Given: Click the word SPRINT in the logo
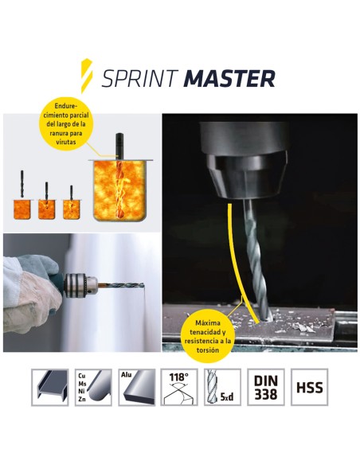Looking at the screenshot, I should click(141, 78).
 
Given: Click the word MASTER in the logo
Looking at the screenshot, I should click(229, 78).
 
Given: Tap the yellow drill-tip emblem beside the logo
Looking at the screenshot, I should click(88, 76).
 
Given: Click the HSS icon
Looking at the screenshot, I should click(309, 388).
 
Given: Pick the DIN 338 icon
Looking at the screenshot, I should click(266, 388).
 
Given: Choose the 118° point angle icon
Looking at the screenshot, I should click(179, 388).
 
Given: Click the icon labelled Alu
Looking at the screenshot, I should click(136, 388).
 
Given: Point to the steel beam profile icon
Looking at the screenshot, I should click(49, 388).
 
